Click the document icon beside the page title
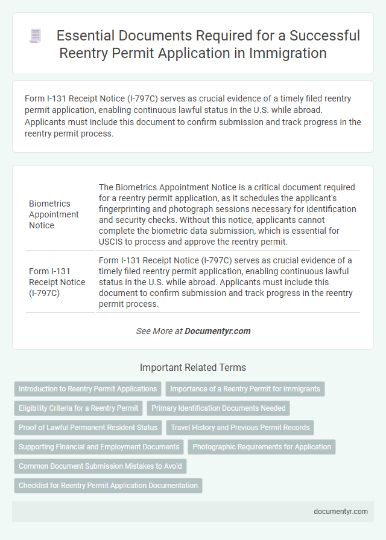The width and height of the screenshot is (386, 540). [35, 36]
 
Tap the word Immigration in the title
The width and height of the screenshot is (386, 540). [288, 53]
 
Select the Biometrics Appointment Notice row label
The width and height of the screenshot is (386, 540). [54, 214]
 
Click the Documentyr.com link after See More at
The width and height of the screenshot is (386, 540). [217, 331]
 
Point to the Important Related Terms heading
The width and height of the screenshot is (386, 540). [192, 367]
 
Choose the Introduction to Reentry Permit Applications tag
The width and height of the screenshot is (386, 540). [88, 389]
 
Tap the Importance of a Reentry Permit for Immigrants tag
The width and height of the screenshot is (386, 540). [245, 389]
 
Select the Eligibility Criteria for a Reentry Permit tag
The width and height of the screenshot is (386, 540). [78, 408]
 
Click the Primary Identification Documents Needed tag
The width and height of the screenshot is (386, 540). [218, 408]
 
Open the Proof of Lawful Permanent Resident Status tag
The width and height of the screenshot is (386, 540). [88, 428]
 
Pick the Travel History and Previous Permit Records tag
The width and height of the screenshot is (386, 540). [240, 428]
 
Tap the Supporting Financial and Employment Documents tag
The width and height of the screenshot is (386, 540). [99, 447]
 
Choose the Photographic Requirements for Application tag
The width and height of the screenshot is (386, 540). [262, 447]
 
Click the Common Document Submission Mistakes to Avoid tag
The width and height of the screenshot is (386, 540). [100, 466]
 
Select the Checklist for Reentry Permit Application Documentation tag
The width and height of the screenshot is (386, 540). [108, 486]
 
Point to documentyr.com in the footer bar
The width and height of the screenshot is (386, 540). [341, 511]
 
